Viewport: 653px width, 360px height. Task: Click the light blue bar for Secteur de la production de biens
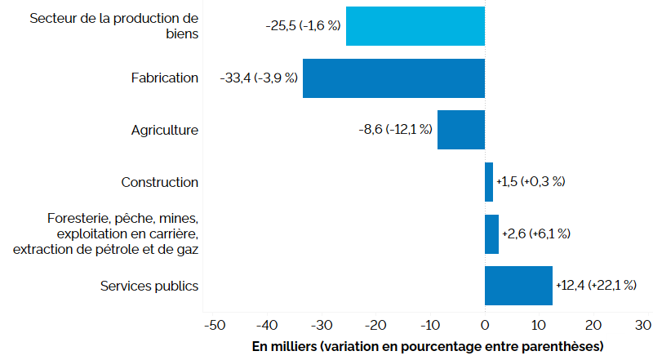point(415,26)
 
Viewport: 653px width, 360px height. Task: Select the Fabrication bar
point(393,78)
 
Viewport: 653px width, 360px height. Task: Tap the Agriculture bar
point(460,130)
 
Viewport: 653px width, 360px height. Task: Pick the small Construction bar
point(489,182)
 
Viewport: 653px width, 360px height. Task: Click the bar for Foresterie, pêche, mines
point(491,234)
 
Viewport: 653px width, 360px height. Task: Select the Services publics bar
point(518,286)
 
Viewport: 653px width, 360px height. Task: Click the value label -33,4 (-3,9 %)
point(259,78)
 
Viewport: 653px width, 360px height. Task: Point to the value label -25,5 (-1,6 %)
point(303,26)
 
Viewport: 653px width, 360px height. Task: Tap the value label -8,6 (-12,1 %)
point(395,130)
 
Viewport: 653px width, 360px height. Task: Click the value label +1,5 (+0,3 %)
point(531,182)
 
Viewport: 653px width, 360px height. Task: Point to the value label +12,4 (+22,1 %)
point(596,286)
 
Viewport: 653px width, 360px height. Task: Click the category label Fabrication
point(165,78)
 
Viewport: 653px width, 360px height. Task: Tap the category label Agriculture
point(165,130)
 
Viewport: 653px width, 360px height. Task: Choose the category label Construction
point(160,182)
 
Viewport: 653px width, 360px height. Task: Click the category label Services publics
point(149,286)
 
